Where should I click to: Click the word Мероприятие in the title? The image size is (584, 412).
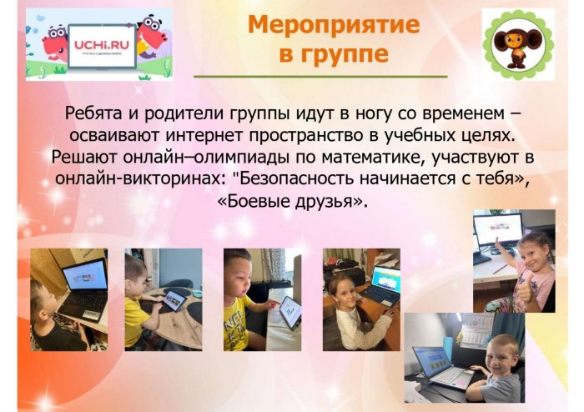[x=334, y=25]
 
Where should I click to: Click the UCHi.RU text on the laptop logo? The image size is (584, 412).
[x=101, y=45]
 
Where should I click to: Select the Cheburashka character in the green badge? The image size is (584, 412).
[x=518, y=44]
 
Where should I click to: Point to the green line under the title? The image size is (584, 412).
[x=320, y=77]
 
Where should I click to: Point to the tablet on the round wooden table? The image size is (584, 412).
[x=173, y=300]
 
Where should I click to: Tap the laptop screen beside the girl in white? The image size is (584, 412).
[x=387, y=279]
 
